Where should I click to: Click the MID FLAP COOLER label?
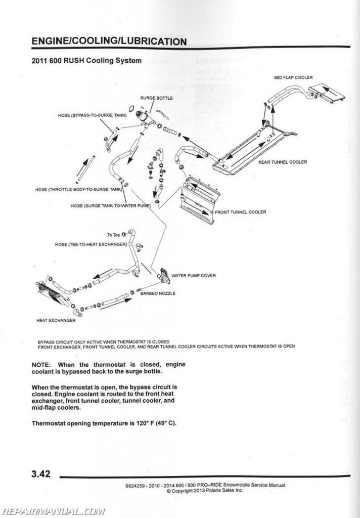coord(293,77)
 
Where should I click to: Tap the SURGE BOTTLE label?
coord(156,98)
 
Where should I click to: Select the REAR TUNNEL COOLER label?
coord(283,162)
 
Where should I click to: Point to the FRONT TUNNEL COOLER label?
coord(240,212)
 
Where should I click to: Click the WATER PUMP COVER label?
coord(194,276)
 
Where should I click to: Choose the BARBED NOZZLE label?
coord(158,294)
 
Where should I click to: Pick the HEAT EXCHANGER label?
coord(56,320)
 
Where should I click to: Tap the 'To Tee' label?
coord(113,235)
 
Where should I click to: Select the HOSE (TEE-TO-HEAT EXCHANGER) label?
coord(91,244)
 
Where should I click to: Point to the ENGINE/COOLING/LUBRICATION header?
coord(109,41)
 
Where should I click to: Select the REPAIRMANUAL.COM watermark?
coord(53,511)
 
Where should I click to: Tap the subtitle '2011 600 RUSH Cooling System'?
coord(86,61)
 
